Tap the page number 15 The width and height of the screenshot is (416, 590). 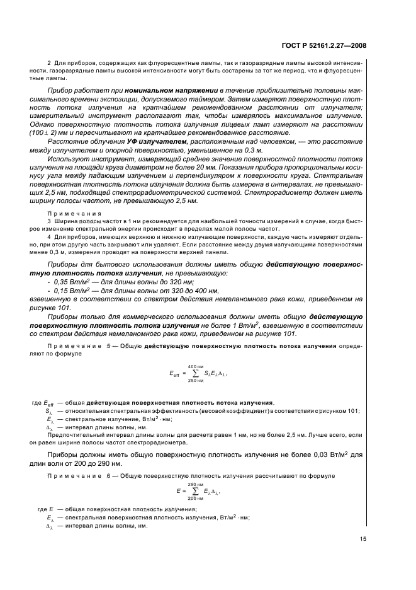coord(363,538)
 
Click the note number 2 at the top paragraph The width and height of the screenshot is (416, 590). coord(49,63)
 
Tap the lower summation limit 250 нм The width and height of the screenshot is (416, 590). coord(196,381)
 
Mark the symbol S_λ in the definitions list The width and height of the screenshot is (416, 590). coord(49,411)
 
